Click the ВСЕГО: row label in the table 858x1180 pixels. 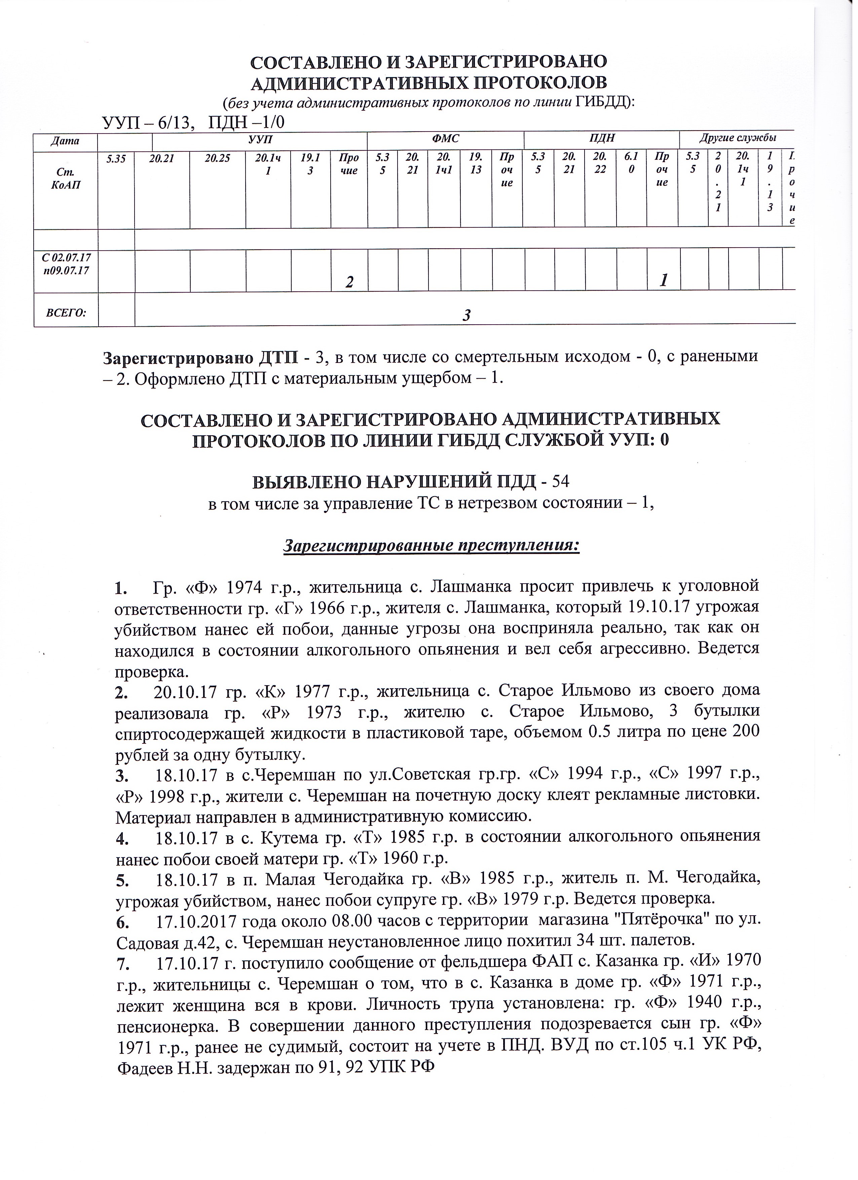tap(66, 313)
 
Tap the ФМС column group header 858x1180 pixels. tap(445, 139)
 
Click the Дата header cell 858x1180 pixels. tap(66, 141)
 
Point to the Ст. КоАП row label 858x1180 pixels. tap(66, 179)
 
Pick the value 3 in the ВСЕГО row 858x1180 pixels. tap(467, 315)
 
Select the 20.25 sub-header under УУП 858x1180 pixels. tap(218, 158)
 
